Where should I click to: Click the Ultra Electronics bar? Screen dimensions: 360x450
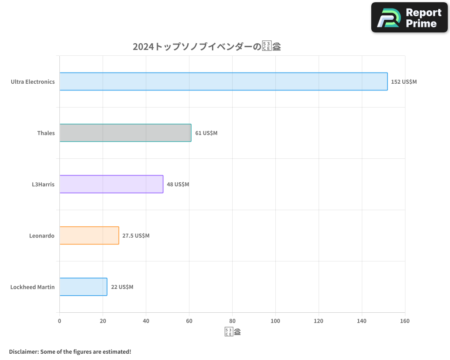coord(223,81)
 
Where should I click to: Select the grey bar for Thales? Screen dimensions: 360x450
coord(125,133)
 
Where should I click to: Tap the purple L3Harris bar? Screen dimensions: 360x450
coord(111,184)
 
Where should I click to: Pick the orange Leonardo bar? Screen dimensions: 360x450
coord(89,235)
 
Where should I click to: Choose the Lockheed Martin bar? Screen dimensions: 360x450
coord(83,287)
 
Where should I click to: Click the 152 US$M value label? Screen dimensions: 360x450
coord(404,82)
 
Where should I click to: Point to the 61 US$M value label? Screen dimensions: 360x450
coord(206,133)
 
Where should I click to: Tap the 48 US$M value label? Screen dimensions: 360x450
coord(178,184)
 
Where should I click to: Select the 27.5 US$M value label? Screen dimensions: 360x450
coord(136,236)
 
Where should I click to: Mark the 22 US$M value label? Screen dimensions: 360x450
coord(122,287)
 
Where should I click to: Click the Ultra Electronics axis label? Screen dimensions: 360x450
coord(33,82)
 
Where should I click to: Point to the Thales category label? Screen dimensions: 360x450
coord(46,133)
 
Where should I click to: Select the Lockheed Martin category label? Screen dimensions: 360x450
coord(32,287)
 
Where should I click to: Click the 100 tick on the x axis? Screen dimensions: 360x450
coord(275,321)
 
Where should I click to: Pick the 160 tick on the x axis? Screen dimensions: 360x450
coord(405,321)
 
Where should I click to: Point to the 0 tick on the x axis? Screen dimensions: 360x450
coord(59,321)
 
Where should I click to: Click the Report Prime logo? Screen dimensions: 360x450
coord(409,18)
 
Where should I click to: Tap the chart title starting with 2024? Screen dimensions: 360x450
coord(207,46)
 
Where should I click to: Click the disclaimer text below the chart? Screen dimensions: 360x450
coord(70,351)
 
